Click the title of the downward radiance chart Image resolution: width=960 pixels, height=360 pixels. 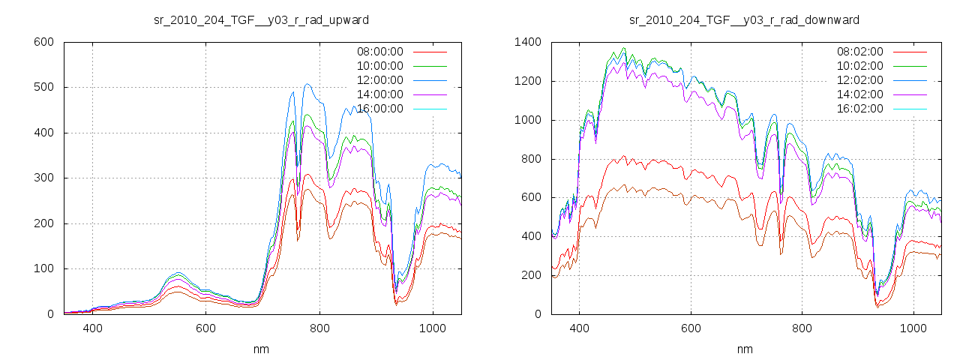pos(744,19)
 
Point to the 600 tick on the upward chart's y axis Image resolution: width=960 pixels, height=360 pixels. pos(44,42)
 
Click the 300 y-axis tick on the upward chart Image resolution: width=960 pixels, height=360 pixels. pos(44,178)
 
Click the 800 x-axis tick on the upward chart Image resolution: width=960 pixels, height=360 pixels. pos(319,328)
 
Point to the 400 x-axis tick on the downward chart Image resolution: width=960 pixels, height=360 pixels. pos(578,328)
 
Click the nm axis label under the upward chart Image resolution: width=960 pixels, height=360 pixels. pos(262,349)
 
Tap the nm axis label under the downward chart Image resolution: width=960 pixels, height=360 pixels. pos(745,349)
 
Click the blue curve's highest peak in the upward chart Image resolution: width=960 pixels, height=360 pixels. pos(307,84)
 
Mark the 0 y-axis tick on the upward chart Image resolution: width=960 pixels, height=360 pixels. pos(51,314)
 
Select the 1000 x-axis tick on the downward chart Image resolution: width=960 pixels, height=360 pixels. pos(913,328)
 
